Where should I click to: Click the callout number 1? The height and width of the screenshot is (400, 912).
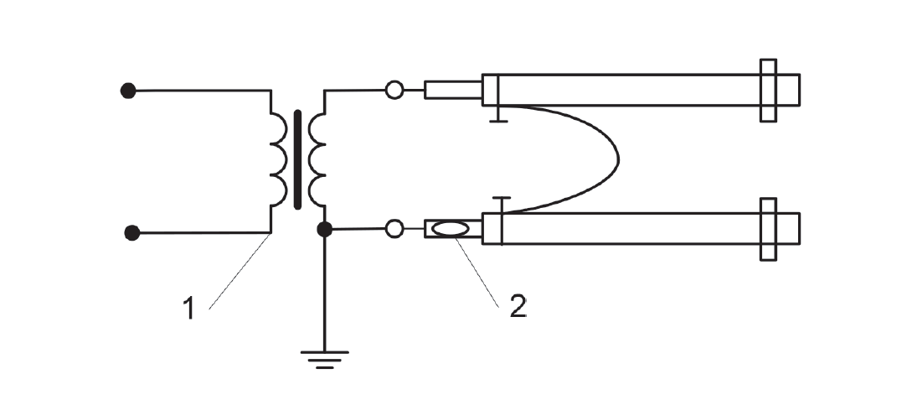coord(188,308)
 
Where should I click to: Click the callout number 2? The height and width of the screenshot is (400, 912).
coord(518,306)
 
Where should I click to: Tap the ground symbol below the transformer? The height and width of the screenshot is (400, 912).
coord(325,360)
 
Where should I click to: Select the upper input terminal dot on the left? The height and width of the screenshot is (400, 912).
coord(128,91)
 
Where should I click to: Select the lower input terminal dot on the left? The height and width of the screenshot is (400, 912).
coord(132,233)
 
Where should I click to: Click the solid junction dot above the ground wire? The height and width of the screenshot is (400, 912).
coord(325,230)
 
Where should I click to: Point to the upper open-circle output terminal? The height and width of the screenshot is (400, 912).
coord(394,91)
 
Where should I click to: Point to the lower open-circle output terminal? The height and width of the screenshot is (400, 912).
coord(394,229)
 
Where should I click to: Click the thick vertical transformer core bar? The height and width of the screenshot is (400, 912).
coord(298,159)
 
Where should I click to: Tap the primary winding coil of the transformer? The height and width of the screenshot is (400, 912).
coord(279,159)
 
